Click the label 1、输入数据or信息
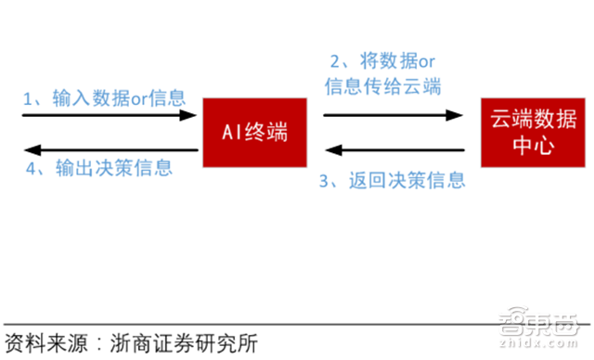(104, 96)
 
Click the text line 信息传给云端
(382, 87)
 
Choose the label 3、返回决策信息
(392, 180)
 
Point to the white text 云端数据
(525, 120)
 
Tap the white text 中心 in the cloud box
(525, 146)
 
